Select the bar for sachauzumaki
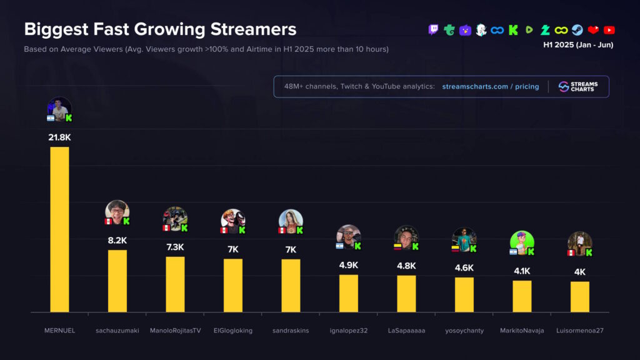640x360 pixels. [x=117, y=281]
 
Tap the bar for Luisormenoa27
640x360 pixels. [x=579, y=296]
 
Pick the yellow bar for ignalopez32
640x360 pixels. [x=349, y=293]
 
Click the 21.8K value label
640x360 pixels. [x=59, y=137]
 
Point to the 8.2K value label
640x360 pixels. [x=117, y=240]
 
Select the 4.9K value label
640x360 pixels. [x=349, y=265]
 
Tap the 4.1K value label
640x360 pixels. [x=522, y=271]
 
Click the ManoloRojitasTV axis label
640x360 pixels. [x=175, y=331]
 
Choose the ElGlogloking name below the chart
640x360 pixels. [x=233, y=331]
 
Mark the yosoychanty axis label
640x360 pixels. [x=464, y=331]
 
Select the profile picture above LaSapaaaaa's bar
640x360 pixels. [x=406, y=237]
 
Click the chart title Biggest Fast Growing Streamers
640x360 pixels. [x=160, y=29]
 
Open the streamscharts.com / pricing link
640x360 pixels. [x=491, y=87]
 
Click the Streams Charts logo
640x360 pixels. [x=578, y=87]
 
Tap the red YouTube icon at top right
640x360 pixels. [x=609, y=30]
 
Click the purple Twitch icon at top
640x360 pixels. [x=433, y=30]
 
